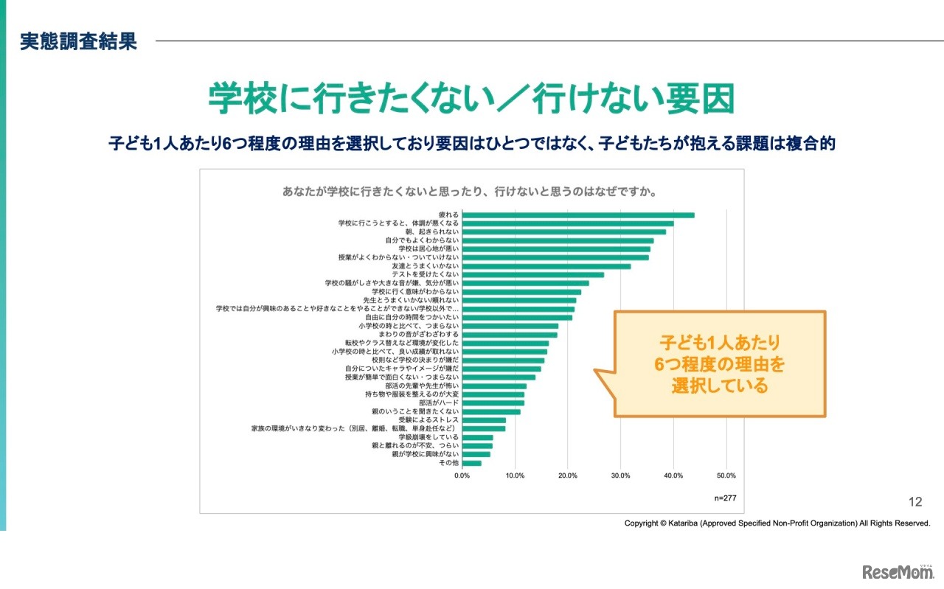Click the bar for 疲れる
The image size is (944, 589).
pos(578,215)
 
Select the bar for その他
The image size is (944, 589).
pos(472,463)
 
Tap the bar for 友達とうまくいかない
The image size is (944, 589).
pos(546,266)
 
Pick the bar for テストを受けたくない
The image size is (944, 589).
pos(533,275)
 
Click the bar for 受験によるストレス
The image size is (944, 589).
pos(484,420)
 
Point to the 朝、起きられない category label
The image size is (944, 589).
pos(432,232)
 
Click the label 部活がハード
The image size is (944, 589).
pos(440,403)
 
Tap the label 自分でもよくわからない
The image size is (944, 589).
pos(422,240)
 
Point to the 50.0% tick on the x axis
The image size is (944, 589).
pos(726,475)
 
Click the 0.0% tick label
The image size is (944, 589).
pos(462,475)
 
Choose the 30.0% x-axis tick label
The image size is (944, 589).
pos(621,475)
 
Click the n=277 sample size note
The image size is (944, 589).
pos(725,498)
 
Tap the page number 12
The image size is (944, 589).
pos(915,502)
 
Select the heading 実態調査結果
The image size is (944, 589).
pos(79,41)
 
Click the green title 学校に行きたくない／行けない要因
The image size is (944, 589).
pos(472,99)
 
